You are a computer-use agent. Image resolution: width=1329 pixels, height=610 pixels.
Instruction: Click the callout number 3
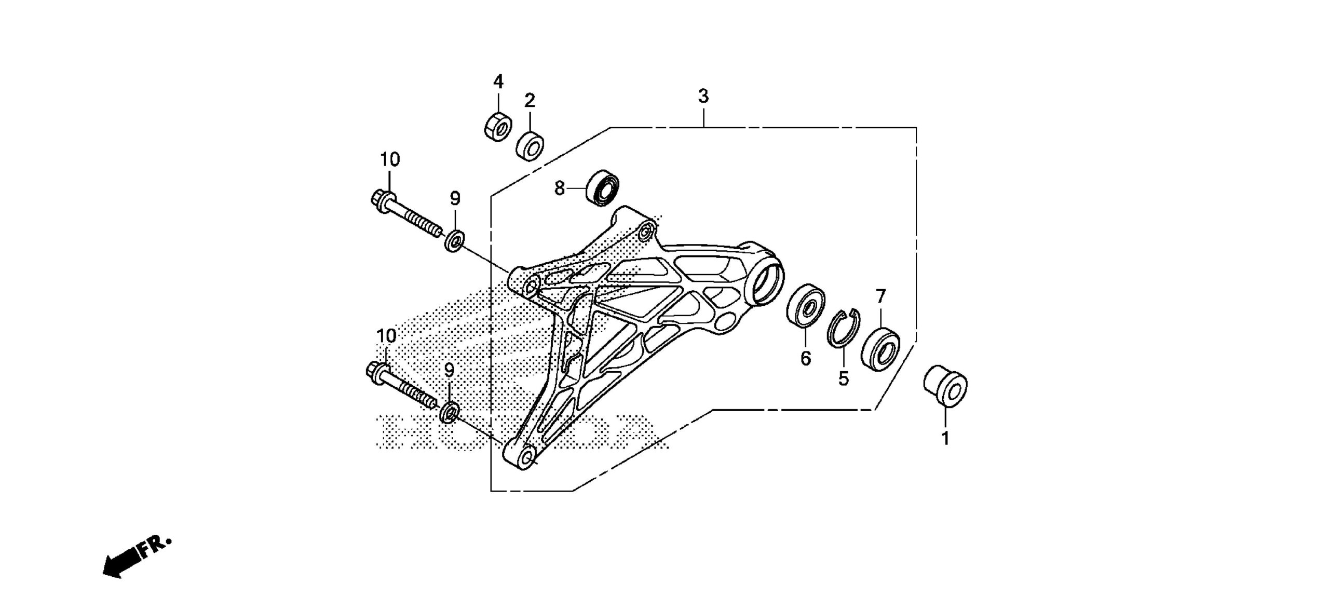pyautogui.click(x=703, y=96)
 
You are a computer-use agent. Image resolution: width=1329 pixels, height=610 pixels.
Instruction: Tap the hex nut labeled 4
pyautogui.click(x=497, y=125)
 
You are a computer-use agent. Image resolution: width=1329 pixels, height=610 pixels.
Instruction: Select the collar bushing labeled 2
pyautogui.click(x=530, y=146)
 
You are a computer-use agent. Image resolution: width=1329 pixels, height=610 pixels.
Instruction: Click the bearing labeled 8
pyautogui.click(x=603, y=187)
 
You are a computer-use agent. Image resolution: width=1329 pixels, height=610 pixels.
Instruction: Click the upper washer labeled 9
pyautogui.click(x=455, y=241)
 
